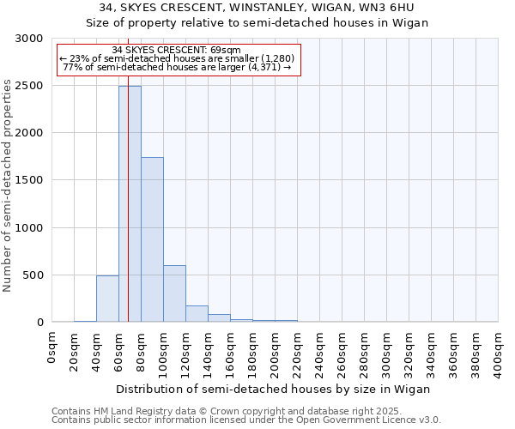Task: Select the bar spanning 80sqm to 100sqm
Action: tap(152, 239)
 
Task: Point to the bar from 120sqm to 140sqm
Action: tap(197, 313)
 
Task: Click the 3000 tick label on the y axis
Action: tap(29, 39)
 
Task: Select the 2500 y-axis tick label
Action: tap(29, 86)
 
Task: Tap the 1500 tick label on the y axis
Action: tap(29, 180)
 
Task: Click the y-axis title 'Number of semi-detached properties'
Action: tap(9, 185)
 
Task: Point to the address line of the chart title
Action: tap(257, 8)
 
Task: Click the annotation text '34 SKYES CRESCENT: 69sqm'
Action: tap(177, 50)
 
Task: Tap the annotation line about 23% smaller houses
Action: tap(177, 58)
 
